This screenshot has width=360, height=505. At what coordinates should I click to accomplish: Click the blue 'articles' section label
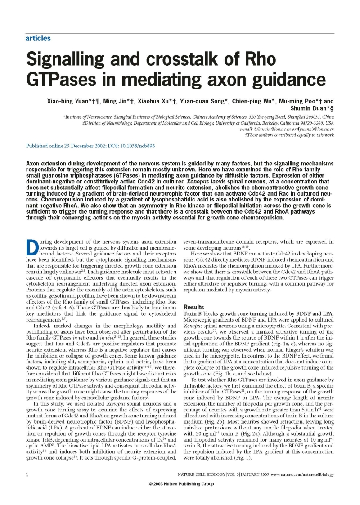click(x=38, y=39)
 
